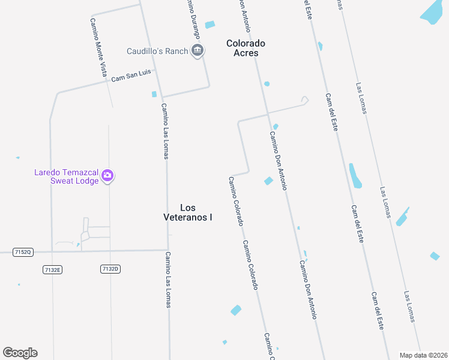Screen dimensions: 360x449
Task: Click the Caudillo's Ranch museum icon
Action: pos(197,51)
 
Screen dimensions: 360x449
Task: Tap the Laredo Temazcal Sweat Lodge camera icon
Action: pos(108,175)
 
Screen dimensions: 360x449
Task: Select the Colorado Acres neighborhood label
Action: pos(246,48)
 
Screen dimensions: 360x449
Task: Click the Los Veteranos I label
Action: pos(188,212)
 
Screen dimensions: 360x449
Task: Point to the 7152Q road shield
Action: pos(23,253)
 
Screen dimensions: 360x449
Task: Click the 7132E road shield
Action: pos(53,270)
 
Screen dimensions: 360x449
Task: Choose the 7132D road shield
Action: pos(110,269)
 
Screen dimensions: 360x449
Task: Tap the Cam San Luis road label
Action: pos(131,76)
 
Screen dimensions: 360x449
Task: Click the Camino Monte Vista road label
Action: pos(99,46)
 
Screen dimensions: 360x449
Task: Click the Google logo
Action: pos(20,353)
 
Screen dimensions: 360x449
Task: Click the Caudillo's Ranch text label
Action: pos(157,52)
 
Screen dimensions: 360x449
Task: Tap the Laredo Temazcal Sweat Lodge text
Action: pos(66,176)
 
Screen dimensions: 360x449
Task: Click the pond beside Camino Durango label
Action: pos(209,25)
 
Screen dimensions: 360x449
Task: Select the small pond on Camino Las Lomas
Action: pos(154,94)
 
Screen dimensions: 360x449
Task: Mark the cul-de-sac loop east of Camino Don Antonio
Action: pos(304,100)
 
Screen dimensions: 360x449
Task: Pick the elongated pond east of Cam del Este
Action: pos(355,175)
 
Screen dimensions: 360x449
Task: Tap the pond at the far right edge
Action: pos(435,256)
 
